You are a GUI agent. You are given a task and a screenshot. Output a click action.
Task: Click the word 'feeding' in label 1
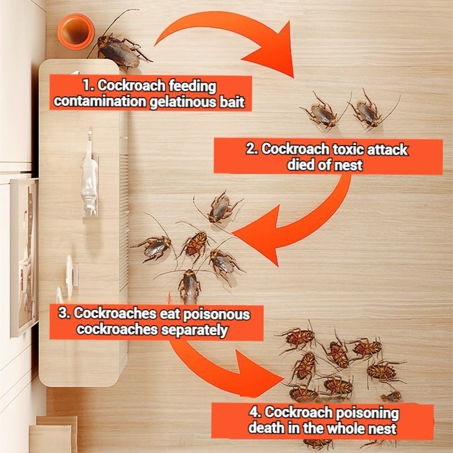[190, 86]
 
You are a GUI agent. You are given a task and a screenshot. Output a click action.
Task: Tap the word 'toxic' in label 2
[353, 150]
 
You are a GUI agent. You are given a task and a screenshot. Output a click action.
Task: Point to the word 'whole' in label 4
[334, 428]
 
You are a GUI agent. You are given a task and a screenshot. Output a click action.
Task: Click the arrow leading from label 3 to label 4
[226, 362]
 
